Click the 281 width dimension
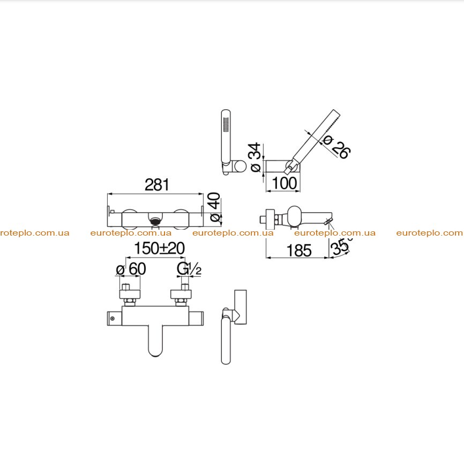click(x=157, y=185)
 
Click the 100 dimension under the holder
click(x=285, y=183)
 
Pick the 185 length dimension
click(x=299, y=251)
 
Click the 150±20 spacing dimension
click(x=160, y=248)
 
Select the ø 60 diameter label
click(x=131, y=269)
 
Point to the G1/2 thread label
click(x=189, y=269)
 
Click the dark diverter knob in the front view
click(x=155, y=221)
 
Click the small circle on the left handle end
click(x=113, y=318)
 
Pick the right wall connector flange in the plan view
click(x=181, y=293)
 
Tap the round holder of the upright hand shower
click(x=240, y=167)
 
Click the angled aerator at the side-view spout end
click(x=328, y=222)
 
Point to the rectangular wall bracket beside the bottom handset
click(x=241, y=307)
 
